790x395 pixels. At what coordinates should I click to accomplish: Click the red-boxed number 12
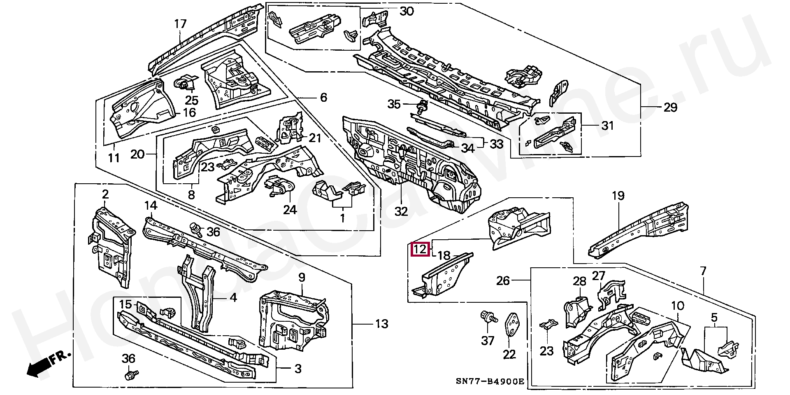click(421, 249)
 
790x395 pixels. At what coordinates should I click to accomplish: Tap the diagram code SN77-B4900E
click(490, 381)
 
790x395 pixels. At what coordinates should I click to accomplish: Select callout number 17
click(180, 24)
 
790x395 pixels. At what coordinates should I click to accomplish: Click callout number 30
click(407, 11)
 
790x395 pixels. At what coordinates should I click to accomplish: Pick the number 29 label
click(670, 108)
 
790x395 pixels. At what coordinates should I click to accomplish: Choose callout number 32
click(401, 211)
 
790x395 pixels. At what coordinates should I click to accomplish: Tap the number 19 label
click(618, 196)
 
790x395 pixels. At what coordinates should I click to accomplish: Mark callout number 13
click(381, 324)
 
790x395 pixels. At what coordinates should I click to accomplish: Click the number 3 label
click(298, 369)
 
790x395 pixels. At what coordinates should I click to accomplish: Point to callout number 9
click(302, 277)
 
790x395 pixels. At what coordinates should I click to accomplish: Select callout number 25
click(191, 100)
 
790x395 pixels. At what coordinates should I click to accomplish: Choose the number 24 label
click(290, 210)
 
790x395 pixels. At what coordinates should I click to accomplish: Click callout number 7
click(703, 271)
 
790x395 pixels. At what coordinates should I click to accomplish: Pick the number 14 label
click(151, 205)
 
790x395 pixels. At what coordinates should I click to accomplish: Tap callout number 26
click(503, 280)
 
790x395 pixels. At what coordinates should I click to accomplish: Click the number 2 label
click(105, 194)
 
